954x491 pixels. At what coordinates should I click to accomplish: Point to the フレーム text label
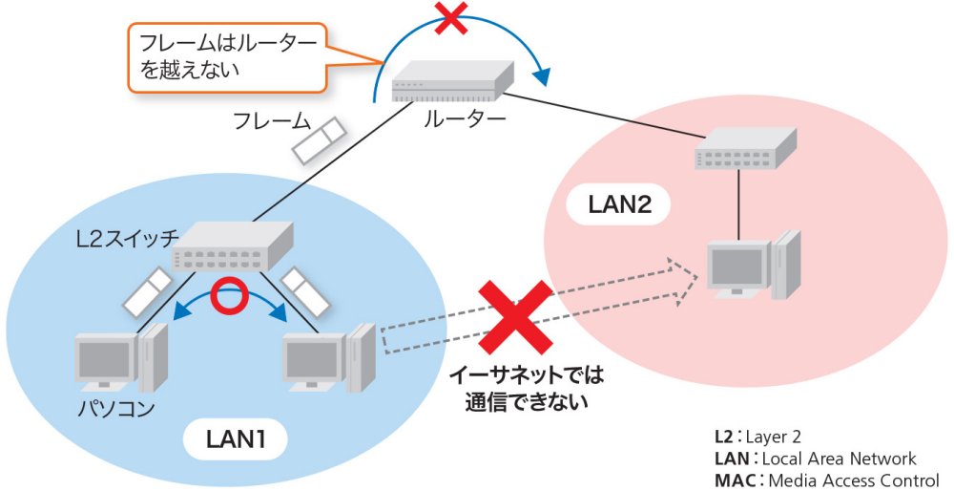click(272, 121)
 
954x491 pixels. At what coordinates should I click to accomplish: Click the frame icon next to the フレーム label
click(316, 141)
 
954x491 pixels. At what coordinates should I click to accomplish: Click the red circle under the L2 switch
click(228, 297)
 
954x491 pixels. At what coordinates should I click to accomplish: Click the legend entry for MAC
click(824, 480)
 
